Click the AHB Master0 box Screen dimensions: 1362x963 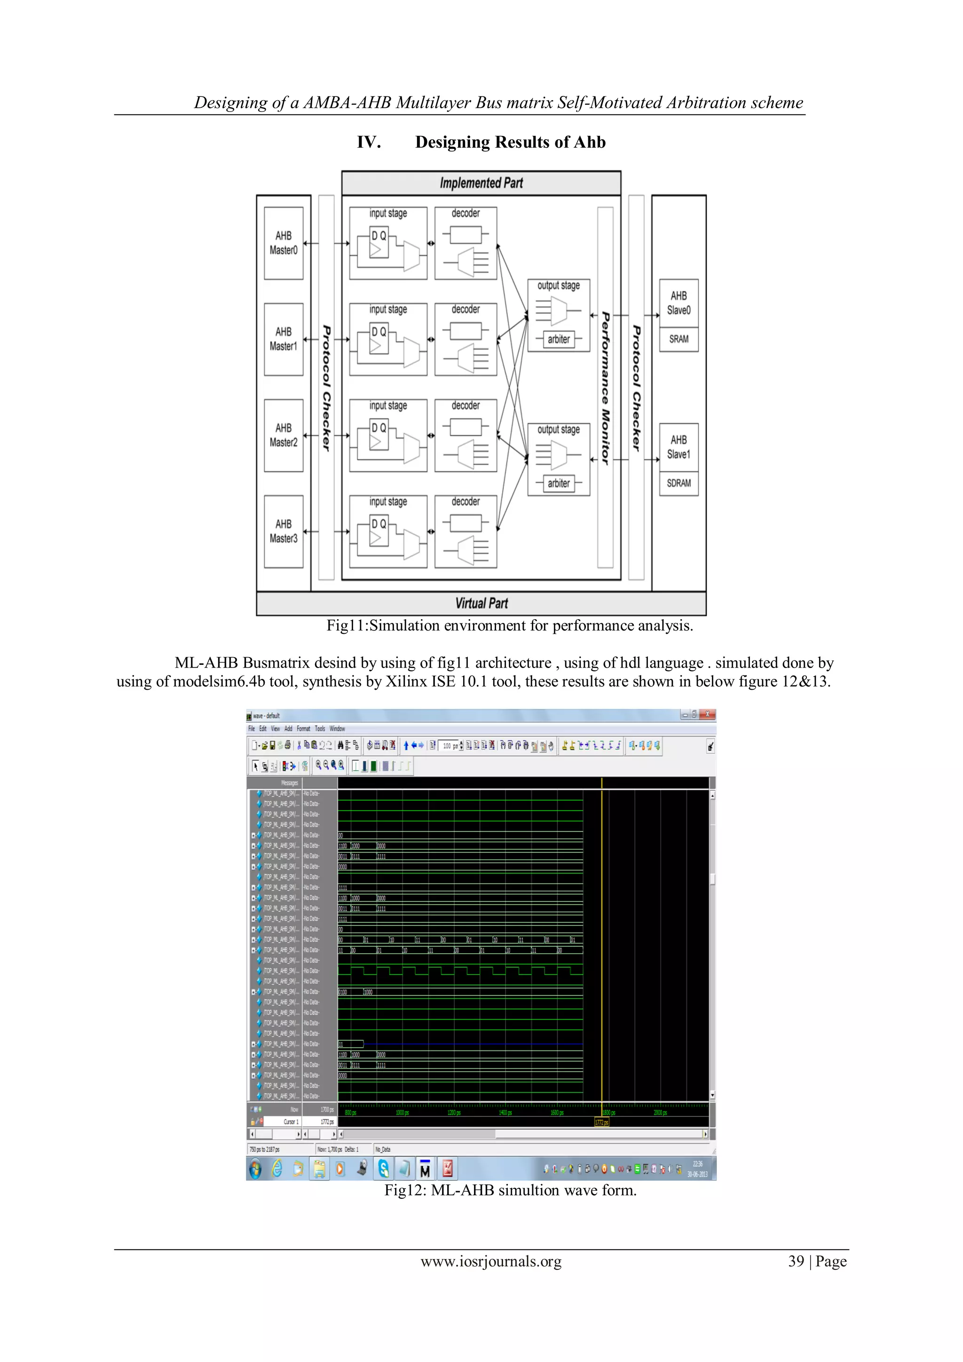(x=284, y=243)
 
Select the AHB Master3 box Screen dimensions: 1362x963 (x=284, y=532)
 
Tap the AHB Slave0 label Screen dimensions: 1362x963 (x=679, y=303)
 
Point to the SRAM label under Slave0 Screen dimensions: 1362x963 (x=679, y=339)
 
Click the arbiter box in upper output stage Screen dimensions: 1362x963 (x=559, y=339)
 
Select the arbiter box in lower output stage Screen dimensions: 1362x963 (x=559, y=484)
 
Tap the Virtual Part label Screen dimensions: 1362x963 (x=481, y=603)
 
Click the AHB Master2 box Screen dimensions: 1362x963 (x=284, y=435)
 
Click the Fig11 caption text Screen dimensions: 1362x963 (x=509, y=626)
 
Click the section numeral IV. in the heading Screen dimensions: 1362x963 (x=368, y=143)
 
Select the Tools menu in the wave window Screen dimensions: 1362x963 (x=320, y=728)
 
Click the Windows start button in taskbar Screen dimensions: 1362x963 (x=256, y=1169)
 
